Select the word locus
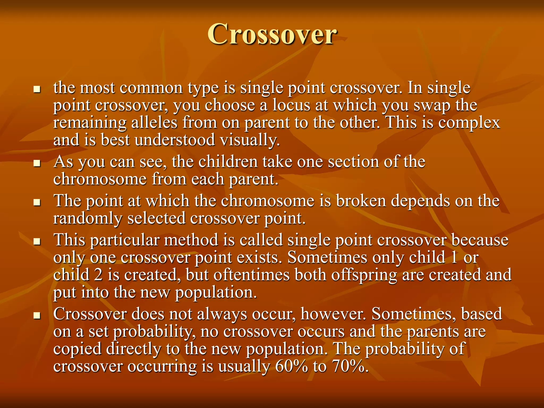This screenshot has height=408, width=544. [291, 105]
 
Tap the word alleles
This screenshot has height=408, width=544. [154, 123]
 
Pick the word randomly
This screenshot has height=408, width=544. [87, 218]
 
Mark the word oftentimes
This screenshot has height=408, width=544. [251, 275]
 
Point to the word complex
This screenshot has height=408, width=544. [469, 123]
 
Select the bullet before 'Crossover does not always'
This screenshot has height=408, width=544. [37, 315]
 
